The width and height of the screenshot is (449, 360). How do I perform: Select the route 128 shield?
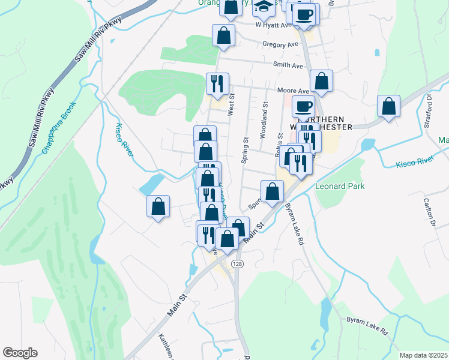(x=238, y=265)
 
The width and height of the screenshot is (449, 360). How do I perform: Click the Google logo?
(x=20, y=353)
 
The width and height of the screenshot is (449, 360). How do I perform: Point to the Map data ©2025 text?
(x=423, y=355)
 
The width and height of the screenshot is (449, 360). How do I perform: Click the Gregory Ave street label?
(x=280, y=44)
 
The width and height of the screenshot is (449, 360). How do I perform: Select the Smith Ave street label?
(x=288, y=65)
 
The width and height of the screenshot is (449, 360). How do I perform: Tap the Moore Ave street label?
(x=293, y=91)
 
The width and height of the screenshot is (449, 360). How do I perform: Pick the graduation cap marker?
(x=264, y=7)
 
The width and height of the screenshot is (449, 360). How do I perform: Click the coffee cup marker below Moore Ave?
(x=303, y=107)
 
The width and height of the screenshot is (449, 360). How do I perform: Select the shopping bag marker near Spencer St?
(x=272, y=191)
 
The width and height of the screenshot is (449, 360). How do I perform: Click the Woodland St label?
(x=264, y=124)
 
